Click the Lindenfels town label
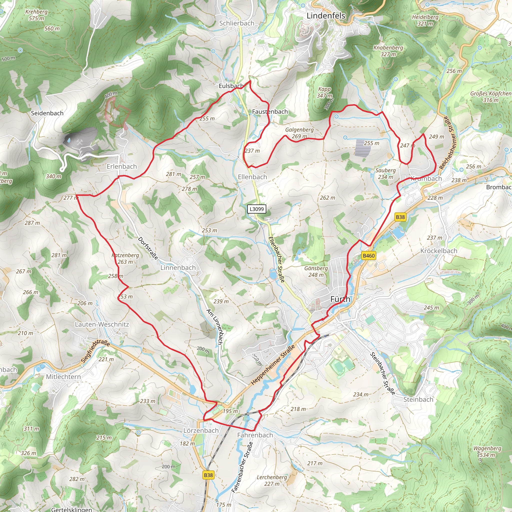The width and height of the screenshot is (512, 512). (326, 16)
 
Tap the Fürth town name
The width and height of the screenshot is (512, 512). (340, 299)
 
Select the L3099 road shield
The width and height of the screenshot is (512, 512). (257, 209)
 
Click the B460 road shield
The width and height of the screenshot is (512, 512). (369, 255)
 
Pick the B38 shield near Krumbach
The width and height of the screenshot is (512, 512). (400, 217)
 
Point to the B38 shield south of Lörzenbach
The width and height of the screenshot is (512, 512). (208, 475)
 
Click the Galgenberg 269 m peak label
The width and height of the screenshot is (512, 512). (299, 133)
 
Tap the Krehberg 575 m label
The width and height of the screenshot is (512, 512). (36, 15)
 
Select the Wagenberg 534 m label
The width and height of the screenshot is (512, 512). (487, 451)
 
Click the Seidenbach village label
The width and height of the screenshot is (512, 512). (47, 113)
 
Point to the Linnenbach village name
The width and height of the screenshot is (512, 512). (178, 268)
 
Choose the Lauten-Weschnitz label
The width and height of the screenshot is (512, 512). (102, 324)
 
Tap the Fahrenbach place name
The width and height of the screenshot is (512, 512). (255, 435)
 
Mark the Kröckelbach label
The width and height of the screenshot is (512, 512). (439, 251)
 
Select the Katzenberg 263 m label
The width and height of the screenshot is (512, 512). (125, 258)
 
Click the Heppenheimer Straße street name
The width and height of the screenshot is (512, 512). (273, 365)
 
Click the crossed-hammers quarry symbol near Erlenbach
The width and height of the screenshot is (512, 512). (80, 142)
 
